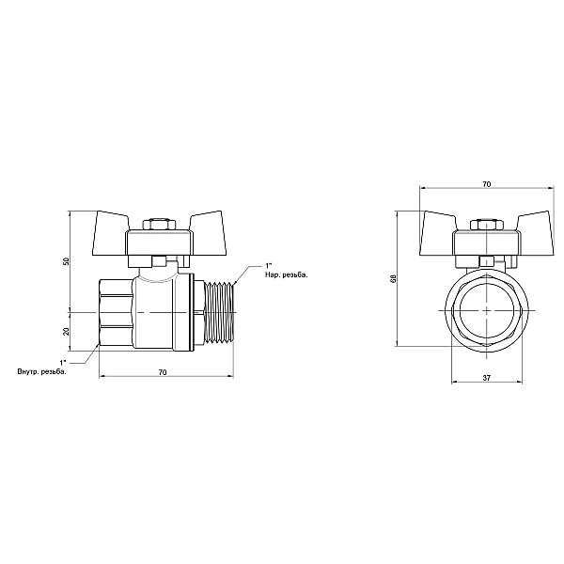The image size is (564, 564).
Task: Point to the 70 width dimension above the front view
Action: point(485,185)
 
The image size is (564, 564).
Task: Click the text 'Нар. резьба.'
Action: point(288,274)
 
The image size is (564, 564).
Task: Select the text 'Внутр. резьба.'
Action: point(41,372)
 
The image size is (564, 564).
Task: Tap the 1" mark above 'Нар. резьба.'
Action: point(270,265)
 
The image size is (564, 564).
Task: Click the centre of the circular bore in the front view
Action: point(486,309)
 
